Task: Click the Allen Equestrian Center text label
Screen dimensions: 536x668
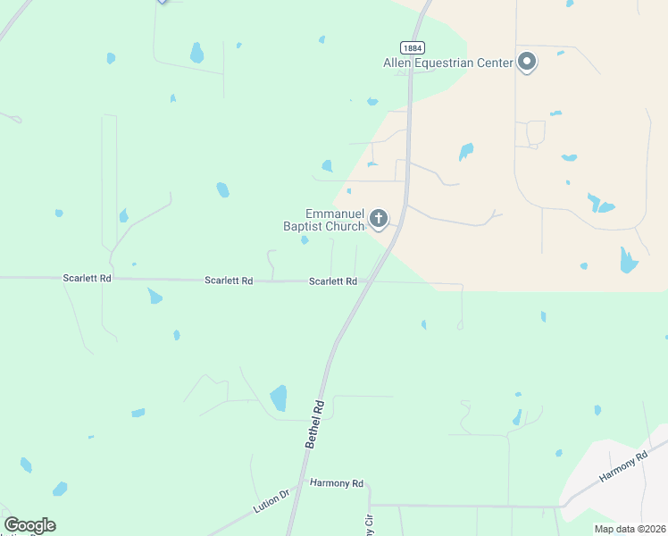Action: click(x=448, y=63)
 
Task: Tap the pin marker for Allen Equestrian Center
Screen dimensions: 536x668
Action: click(x=527, y=62)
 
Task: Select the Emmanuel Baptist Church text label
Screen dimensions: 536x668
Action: click(x=324, y=220)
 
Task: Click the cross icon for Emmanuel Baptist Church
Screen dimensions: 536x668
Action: click(x=379, y=218)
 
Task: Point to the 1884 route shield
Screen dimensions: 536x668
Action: click(x=411, y=48)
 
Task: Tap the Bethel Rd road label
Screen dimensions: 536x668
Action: click(x=313, y=424)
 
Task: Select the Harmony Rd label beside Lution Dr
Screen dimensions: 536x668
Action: click(x=337, y=483)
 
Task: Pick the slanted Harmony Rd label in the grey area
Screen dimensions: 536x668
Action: click(x=622, y=467)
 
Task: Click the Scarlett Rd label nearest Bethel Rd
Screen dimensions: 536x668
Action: click(x=333, y=281)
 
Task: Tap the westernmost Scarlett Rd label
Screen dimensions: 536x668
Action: click(x=87, y=278)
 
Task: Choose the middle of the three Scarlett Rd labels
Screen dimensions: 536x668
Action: click(x=229, y=281)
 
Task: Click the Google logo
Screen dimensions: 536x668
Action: click(x=29, y=525)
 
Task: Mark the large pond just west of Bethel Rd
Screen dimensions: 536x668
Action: click(x=279, y=398)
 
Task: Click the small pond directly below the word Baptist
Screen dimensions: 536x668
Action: click(x=305, y=239)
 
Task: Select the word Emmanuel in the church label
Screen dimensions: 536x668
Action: click(x=335, y=214)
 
